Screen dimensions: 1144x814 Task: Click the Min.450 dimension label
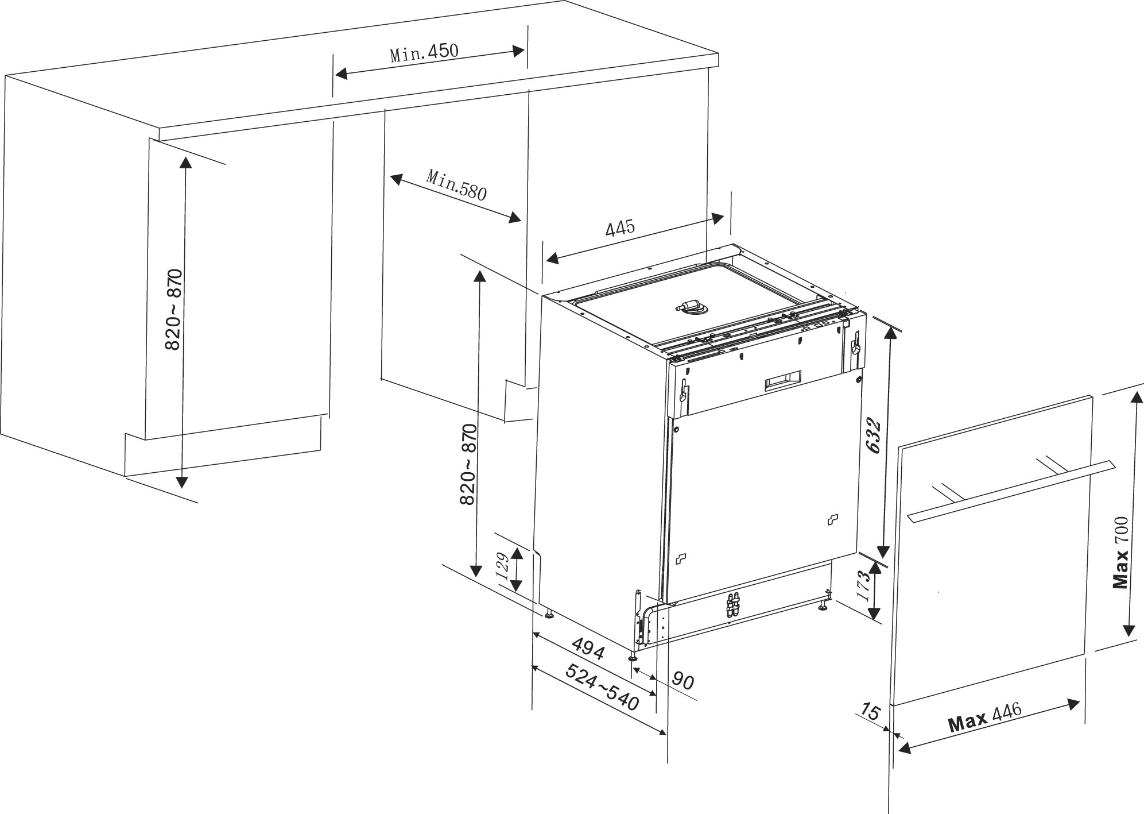424,53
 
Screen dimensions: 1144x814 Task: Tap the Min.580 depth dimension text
456,184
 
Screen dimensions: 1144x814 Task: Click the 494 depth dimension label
588,648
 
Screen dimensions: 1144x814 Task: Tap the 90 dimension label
683,681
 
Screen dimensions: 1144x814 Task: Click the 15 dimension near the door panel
871,712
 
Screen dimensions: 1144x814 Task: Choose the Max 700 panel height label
1120,553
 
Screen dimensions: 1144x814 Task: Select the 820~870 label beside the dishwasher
468,464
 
